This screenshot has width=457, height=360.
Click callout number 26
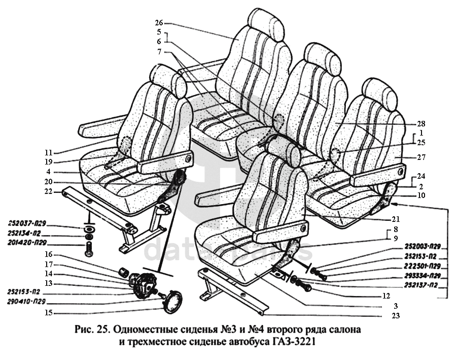tap(159, 23)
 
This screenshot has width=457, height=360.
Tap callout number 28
tap(420, 123)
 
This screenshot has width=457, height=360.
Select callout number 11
tap(48, 152)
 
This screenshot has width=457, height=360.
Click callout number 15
tap(48, 312)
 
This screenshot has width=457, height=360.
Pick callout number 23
tap(396, 316)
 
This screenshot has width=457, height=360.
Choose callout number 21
tap(396, 219)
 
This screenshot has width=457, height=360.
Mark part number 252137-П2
tap(420, 285)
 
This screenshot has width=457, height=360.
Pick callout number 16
tap(48, 254)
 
